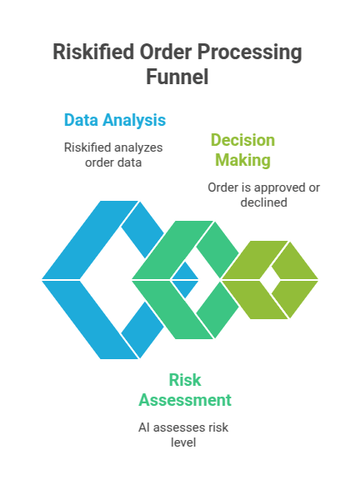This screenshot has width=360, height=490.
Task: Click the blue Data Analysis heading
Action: pos(114,120)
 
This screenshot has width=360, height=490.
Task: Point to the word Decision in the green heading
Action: pos(242,140)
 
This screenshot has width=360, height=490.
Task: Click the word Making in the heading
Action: pos(242,159)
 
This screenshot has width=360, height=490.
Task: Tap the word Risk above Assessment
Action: pos(185,381)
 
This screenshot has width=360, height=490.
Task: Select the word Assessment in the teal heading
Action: pos(185,400)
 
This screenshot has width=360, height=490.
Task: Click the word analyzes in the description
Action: pos(140,147)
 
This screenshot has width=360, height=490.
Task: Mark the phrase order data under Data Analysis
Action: pos(113,162)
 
